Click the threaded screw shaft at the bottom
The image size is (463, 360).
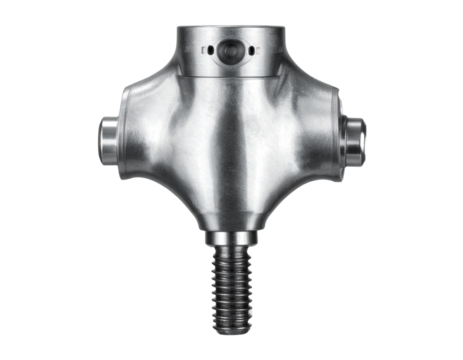coord(232,290)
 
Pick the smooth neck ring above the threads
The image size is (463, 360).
coord(232,240)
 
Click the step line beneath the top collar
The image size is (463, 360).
coord(232,76)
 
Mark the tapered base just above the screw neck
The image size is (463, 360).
coord(232,222)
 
